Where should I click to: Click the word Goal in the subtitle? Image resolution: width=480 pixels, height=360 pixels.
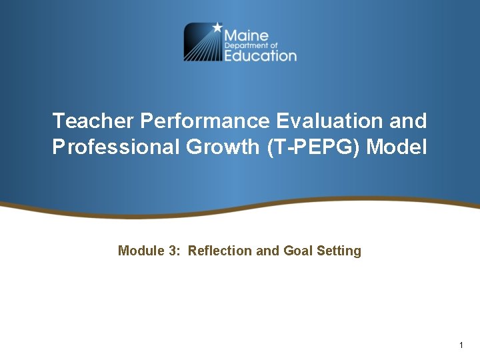[x=297, y=251]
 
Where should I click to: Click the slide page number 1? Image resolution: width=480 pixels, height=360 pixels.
[x=461, y=345]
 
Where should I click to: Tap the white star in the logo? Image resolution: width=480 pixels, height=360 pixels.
[x=217, y=28]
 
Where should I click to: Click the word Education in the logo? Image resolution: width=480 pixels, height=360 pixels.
[x=260, y=56]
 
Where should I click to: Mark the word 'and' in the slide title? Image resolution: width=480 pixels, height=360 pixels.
[x=407, y=121]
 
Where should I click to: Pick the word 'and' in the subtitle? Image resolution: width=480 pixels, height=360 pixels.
[x=268, y=251]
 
